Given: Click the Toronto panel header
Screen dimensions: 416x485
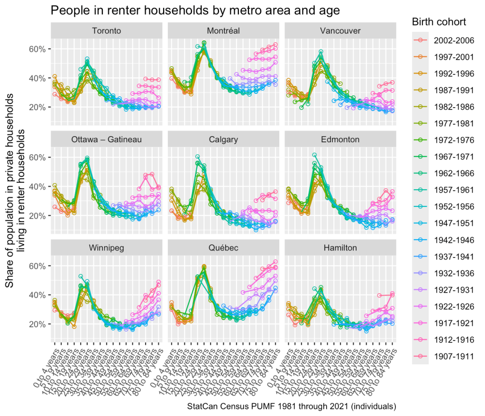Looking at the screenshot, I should tap(107, 31).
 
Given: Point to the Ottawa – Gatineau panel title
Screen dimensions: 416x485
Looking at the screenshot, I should tap(107, 139).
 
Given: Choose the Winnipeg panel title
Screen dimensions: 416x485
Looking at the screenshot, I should tap(107, 248).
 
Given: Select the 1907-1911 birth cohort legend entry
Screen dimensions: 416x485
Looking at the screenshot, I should tap(450, 356).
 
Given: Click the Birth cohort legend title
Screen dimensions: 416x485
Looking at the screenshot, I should tap(439, 22).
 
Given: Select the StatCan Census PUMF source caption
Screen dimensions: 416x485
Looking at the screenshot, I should tap(291, 407).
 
